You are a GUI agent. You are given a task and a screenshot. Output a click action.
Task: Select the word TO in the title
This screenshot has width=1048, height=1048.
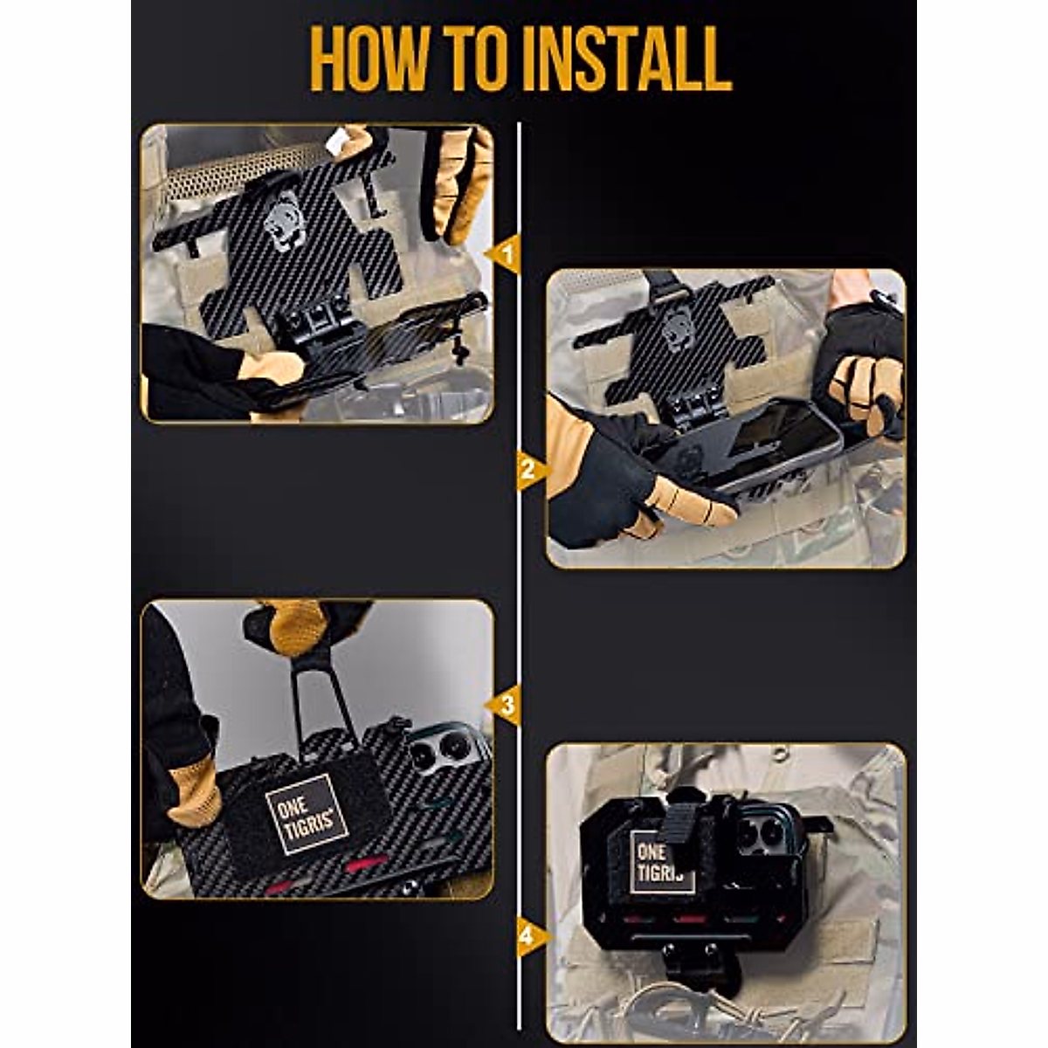point(476,59)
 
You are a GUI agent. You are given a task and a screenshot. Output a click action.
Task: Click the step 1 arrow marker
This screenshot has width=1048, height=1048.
point(504,255)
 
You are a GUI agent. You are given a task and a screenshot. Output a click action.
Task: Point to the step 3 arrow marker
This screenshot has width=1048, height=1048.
point(504,706)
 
